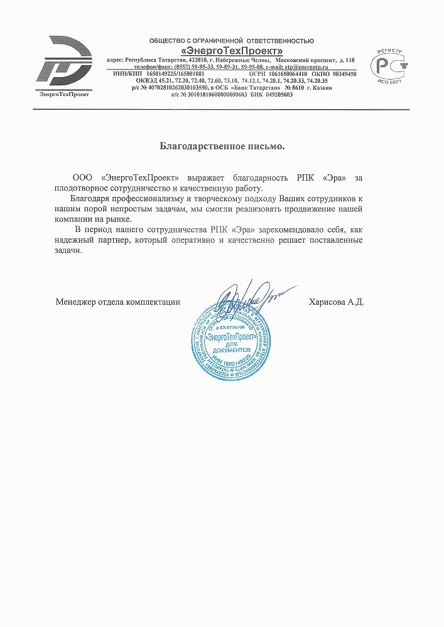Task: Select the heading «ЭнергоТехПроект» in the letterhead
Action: click(231, 50)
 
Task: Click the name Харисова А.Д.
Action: click(337, 302)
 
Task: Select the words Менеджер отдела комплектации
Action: click(117, 302)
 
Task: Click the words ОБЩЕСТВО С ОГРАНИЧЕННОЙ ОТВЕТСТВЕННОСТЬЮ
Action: click(231, 41)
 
